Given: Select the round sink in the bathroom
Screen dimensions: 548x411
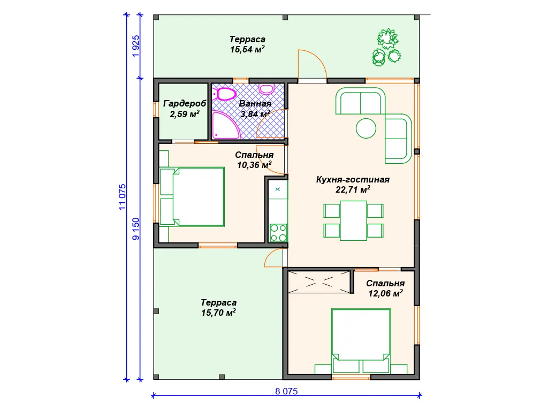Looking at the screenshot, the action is (x=267, y=89).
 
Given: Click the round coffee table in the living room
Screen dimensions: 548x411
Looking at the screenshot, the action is (x=366, y=128).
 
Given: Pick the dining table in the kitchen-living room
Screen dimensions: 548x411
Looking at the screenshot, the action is (x=353, y=220).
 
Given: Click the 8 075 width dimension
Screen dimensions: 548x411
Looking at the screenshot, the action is (x=286, y=391).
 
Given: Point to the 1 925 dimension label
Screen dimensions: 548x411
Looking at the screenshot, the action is (x=135, y=46).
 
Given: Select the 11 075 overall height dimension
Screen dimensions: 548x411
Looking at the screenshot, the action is (x=122, y=197).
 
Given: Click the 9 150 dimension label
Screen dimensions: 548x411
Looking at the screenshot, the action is (x=135, y=229).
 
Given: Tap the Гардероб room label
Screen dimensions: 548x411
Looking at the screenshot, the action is (x=185, y=104).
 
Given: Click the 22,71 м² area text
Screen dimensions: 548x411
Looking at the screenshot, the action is (x=353, y=190).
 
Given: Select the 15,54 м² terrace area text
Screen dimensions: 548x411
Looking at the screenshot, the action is (x=247, y=49).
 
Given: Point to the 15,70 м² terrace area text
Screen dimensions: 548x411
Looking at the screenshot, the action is (x=218, y=313).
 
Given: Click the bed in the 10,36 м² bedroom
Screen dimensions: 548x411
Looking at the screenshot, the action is (x=192, y=197).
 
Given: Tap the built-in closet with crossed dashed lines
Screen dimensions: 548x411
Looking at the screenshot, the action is (x=319, y=281).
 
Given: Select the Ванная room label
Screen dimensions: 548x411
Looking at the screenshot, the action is (x=255, y=104).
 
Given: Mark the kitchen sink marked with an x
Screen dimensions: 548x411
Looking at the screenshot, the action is (x=278, y=189).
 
